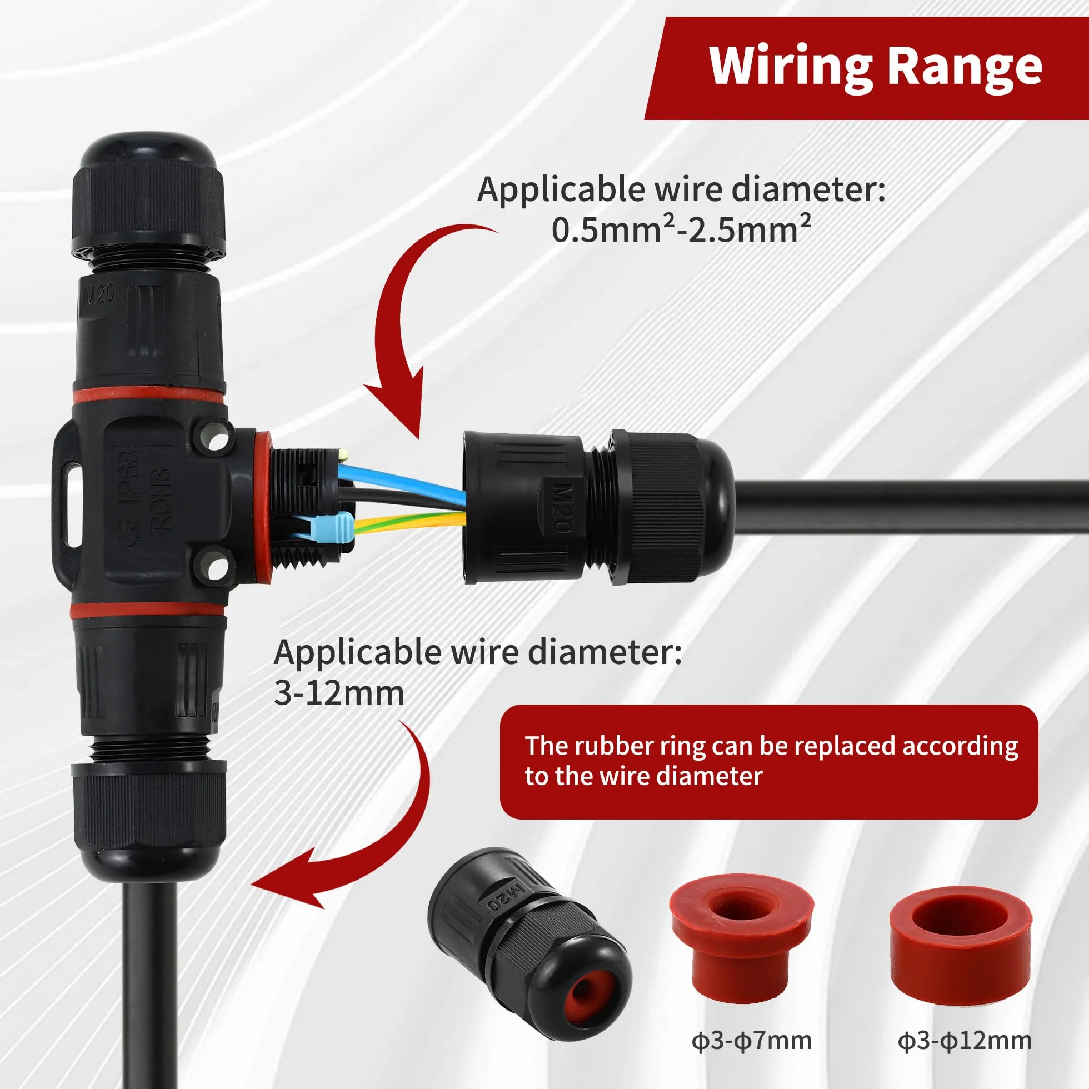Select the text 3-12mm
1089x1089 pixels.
pyautogui.click(x=339, y=693)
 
